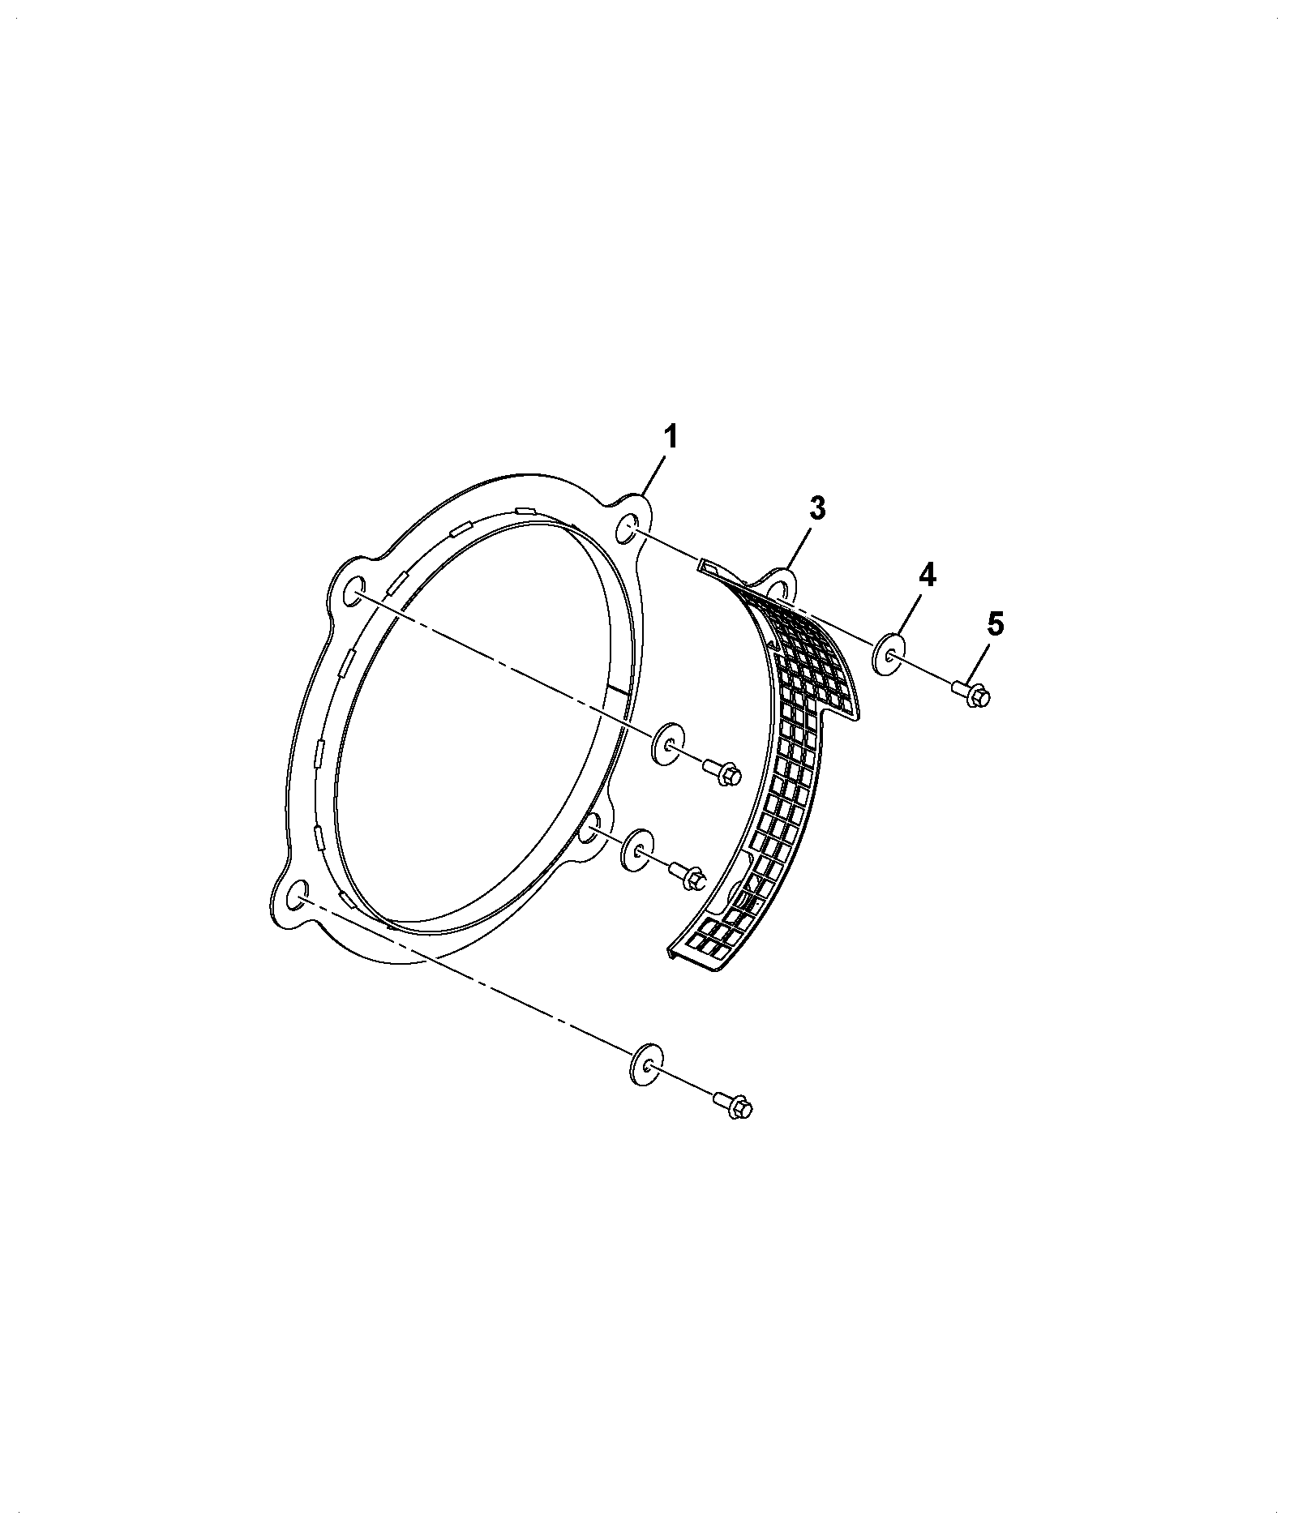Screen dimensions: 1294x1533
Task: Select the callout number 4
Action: [927, 577]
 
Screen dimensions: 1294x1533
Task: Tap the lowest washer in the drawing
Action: [646, 1063]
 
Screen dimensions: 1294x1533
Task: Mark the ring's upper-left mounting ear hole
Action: [353, 593]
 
